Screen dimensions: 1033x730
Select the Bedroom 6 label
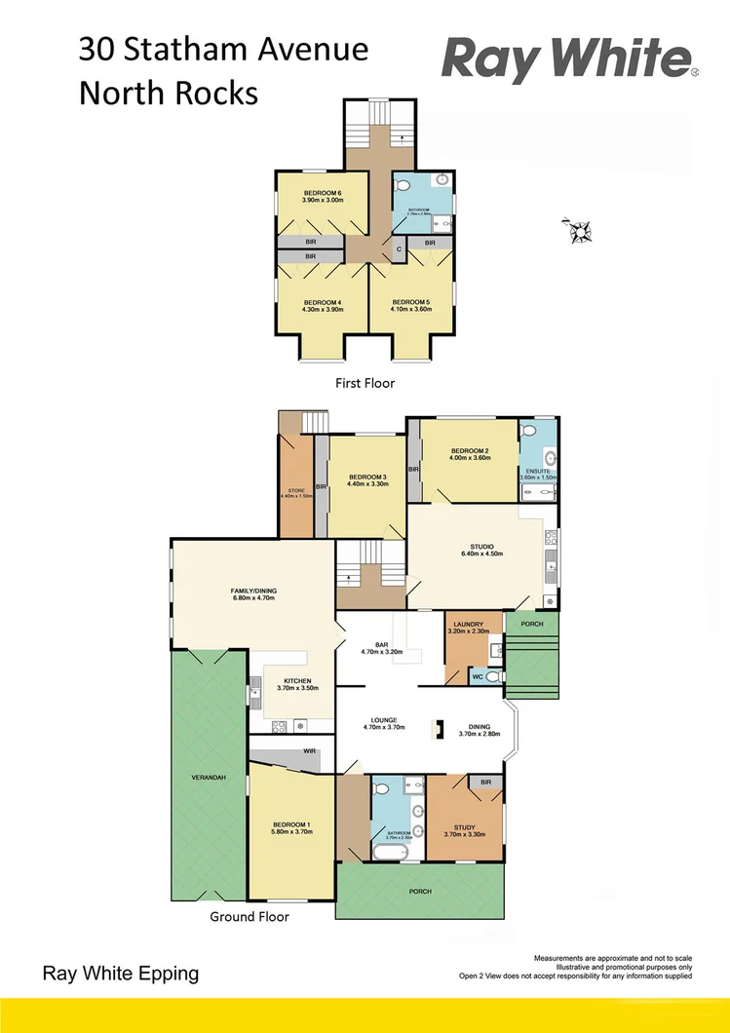coord(322,193)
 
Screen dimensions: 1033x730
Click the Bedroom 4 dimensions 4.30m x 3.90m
coord(321,310)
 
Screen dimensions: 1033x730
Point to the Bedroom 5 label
coord(410,302)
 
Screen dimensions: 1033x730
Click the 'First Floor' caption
coord(365,383)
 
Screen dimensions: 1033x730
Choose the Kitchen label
coord(297,680)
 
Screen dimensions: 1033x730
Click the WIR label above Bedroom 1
coord(309,751)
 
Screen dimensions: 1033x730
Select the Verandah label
coord(208,778)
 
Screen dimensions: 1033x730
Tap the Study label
coord(464,827)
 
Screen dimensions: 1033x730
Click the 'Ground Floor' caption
coord(250,916)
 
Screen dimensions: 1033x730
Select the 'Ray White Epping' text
coord(120,973)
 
